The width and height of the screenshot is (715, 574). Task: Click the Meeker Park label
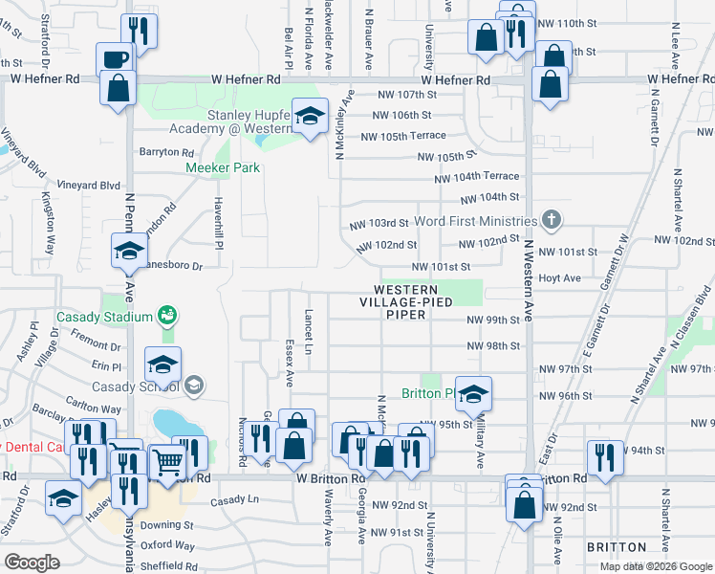click(223, 167)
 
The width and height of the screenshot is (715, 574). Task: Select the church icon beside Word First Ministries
click(551, 220)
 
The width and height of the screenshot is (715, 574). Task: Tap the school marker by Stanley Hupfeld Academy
click(309, 116)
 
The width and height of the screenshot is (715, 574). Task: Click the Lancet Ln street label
click(308, 330)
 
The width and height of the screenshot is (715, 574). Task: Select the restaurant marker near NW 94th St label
click(606, 456)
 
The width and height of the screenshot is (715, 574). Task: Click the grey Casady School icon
click(193, 386)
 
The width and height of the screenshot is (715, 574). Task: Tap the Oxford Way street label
click(167, 545)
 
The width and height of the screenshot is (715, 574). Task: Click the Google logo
click(32, 562)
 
